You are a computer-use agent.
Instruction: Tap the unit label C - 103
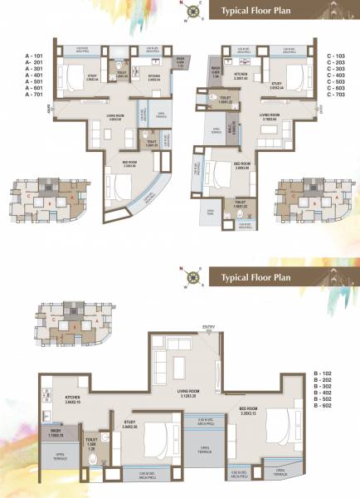[337, 56]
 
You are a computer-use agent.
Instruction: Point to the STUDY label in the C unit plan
[276, 82]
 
